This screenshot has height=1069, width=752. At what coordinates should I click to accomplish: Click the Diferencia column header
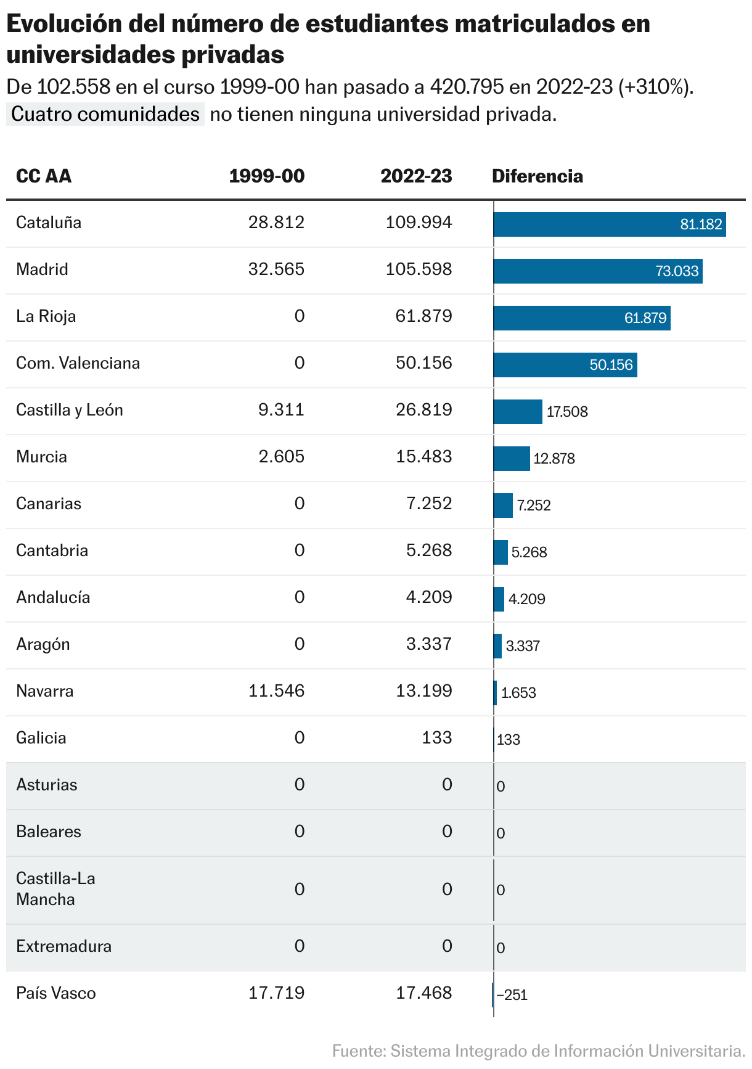(537, 176)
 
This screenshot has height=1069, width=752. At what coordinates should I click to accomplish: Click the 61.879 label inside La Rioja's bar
(645, 318)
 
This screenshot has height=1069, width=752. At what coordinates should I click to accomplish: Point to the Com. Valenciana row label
(78, 363)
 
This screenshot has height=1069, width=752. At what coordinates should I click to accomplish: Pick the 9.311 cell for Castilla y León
(281, 410)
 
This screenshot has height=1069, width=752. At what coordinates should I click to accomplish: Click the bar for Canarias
(503, 506)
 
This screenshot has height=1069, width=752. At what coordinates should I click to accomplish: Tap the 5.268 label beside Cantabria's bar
(529, 552)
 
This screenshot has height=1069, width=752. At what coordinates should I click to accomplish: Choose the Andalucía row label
(53, 597)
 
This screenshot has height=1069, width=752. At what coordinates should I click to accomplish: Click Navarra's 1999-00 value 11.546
(276, 691)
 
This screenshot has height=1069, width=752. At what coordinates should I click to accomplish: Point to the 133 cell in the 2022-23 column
(437, 738)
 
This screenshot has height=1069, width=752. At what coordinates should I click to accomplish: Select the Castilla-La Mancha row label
(55, 888)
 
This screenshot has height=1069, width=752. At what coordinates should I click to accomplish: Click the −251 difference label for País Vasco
(512, 995)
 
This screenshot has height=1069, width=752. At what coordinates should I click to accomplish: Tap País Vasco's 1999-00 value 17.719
(276, 993)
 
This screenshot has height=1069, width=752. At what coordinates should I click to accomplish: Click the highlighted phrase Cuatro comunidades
(105, 114)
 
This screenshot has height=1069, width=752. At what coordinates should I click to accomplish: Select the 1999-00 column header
(266, 176)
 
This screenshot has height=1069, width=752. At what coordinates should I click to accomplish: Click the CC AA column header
(44, 176)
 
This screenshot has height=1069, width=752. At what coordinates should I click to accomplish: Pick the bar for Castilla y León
(518, 412)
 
